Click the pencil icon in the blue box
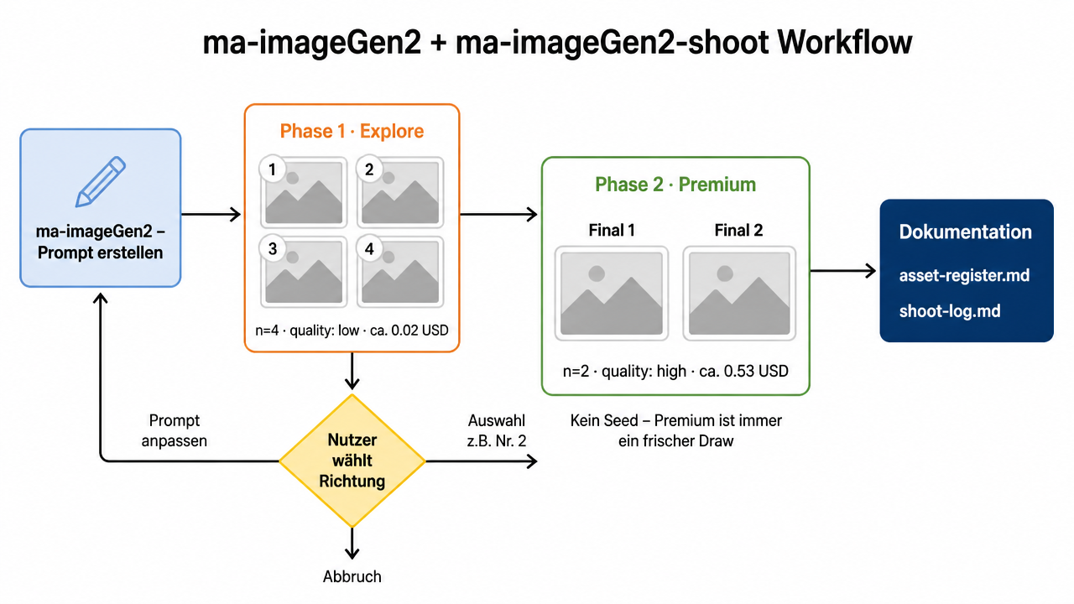101,182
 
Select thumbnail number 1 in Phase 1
304,192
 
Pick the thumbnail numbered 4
400,272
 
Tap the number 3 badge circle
273,248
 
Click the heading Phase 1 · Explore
352,131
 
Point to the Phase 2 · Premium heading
675,185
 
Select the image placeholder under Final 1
612,294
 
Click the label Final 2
738,230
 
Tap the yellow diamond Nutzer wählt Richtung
352,461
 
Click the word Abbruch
352,576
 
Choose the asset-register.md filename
964,275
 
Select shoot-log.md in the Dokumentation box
950,311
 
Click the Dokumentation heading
965,232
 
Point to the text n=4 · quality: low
307,331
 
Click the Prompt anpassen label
174,430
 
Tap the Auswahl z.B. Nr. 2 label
497,430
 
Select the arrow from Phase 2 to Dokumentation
843,271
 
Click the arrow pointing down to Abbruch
352,543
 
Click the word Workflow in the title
844,42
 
